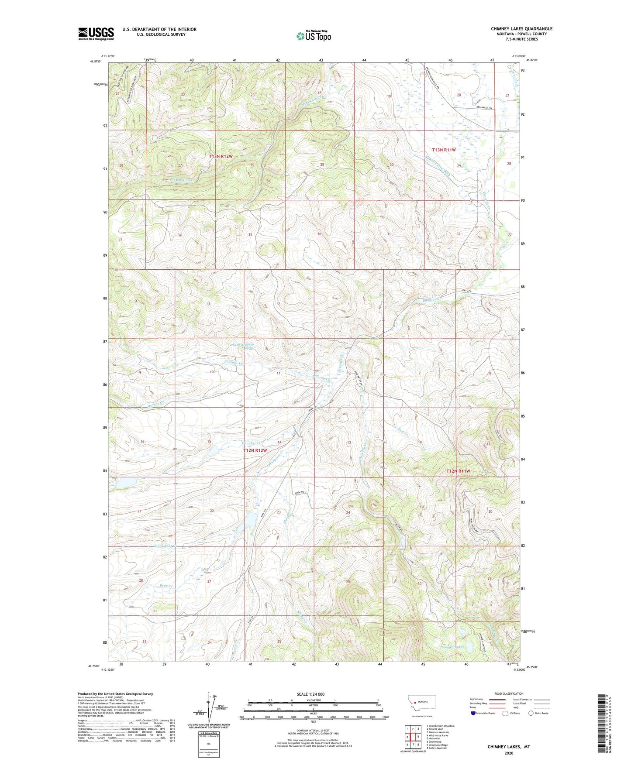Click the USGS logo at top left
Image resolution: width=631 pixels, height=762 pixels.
tap(96, 33)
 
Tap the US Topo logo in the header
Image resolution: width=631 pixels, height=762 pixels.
tap(314, 36)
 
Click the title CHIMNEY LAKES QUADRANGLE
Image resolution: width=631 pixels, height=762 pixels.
tap(521, 29)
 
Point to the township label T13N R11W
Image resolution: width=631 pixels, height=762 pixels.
tap(444, 150)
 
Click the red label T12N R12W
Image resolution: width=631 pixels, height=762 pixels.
tap(255, 450)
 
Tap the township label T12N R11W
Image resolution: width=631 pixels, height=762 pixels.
tap(458, 471)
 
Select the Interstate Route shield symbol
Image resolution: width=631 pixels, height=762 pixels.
tap(473, 713)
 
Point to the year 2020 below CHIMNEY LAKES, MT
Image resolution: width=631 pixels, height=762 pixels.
tap(509, 753)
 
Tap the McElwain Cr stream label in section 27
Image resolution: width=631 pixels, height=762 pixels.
tap(178, 179)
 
